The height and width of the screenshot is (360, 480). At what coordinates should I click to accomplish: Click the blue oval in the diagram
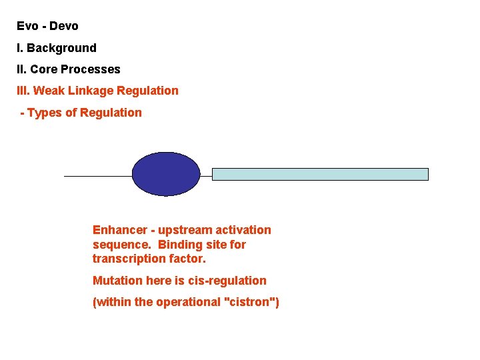click(166, 174)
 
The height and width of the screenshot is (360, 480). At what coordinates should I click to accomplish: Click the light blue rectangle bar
click(320, 174)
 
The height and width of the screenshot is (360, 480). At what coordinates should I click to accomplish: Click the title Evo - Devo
click(47, 27)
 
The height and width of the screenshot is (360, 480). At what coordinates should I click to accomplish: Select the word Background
click(61, 48)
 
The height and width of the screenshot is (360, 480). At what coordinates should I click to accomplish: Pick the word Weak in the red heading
click(48, 91)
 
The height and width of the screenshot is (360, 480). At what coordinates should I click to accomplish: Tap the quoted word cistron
click(251, 303)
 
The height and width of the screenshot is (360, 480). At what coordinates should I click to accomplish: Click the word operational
click(190, 303)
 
